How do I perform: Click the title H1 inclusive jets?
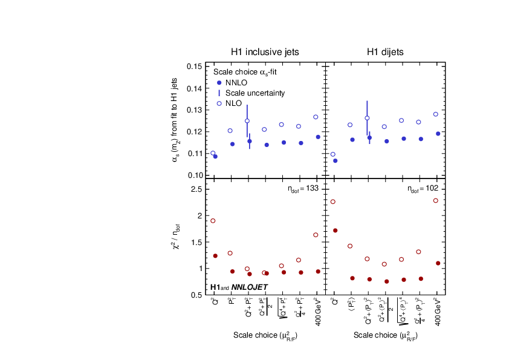(265, 52)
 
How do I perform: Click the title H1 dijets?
(385, 52)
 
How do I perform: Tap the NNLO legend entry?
(236, 82)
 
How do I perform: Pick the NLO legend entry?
(233, 103)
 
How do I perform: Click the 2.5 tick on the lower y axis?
(196, 189)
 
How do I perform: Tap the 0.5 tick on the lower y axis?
(196, 295)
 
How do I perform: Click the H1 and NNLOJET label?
(239, 287)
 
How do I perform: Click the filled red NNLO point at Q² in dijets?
(335, 231)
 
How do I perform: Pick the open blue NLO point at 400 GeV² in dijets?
(436, 114)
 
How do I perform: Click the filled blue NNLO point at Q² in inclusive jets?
(215, 157)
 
